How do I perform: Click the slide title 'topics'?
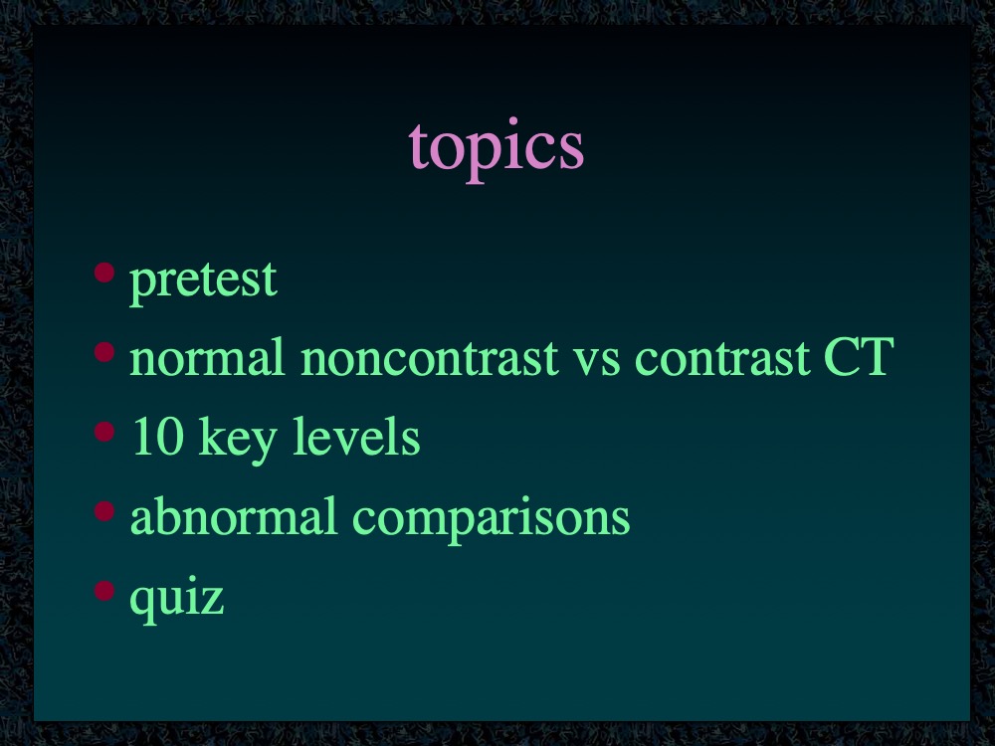click(497, 150)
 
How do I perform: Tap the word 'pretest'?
click(203, 280)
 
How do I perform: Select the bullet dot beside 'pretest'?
click(104, 273)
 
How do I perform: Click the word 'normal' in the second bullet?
click(207, 357)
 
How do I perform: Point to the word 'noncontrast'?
click(430, 358)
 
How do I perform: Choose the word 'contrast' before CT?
click(722, 358)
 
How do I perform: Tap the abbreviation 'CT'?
click(860, 357)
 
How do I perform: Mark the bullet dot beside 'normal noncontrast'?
click(104, 351)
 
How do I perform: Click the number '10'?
click(158, 437)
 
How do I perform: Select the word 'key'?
click(238, 441)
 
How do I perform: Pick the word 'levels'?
click(356, 437)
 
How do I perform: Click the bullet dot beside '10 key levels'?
click(104, 432)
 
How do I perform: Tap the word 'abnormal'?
click(233, 515)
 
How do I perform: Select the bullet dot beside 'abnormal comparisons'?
click(104, 510)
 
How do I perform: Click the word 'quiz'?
click(177, 600)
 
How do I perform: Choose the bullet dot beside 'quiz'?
click(104, 590)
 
